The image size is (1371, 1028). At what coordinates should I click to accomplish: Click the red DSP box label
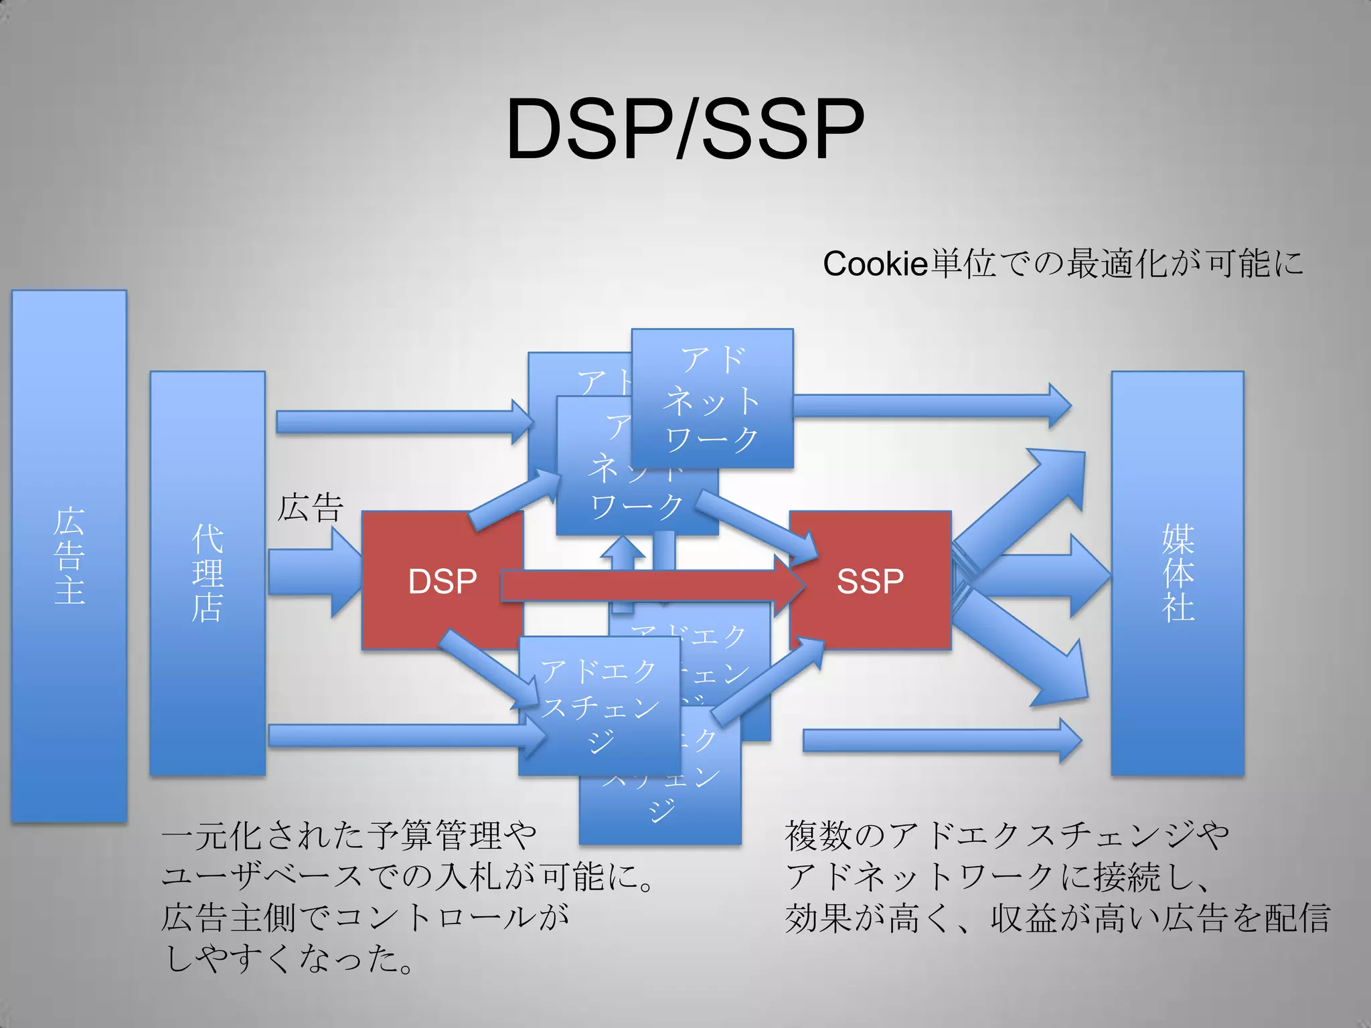pos(442,580)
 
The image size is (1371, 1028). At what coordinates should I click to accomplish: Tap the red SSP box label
pos(870,580)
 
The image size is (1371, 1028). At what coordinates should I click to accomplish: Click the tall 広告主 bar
pos(69,555)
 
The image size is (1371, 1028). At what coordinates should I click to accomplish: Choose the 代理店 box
pos(208,574)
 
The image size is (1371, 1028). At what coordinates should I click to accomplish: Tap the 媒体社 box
pos(1178,574)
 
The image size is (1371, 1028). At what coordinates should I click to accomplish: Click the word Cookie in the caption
pos(874,264)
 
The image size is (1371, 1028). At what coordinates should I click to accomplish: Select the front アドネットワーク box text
pos(712,400)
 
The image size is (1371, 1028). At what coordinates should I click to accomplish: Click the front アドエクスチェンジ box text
pos(599,705)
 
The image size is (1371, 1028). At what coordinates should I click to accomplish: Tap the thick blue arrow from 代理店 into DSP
pos(315,572)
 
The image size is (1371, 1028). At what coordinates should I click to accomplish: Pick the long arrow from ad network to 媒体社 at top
pos(931,406)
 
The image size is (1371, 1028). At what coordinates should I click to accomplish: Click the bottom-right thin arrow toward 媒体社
pos(941,740)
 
